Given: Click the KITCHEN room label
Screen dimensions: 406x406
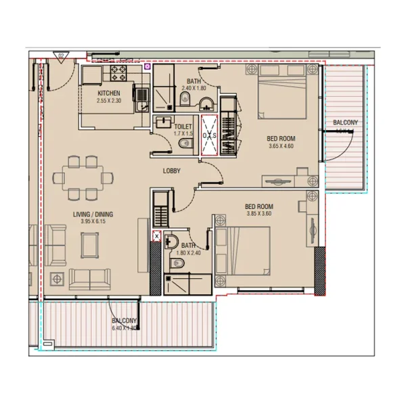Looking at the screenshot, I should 109,93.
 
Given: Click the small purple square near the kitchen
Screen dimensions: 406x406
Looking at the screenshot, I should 147,67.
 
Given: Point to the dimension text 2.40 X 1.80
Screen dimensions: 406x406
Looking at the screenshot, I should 194,88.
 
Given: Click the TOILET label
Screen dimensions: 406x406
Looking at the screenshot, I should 183,127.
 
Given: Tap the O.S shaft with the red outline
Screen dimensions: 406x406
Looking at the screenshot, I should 208,135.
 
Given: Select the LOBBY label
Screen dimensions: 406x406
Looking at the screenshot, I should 171,171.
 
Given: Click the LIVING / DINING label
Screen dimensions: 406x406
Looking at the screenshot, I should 93,215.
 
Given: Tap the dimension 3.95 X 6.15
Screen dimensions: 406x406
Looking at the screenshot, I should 93,222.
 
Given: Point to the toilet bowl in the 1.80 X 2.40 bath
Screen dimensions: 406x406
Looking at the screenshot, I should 171,242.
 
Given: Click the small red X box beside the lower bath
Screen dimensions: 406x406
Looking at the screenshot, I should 158,236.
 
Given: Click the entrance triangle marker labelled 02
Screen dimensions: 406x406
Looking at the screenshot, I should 62,57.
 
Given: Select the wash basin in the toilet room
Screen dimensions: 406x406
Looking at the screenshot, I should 163,122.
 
